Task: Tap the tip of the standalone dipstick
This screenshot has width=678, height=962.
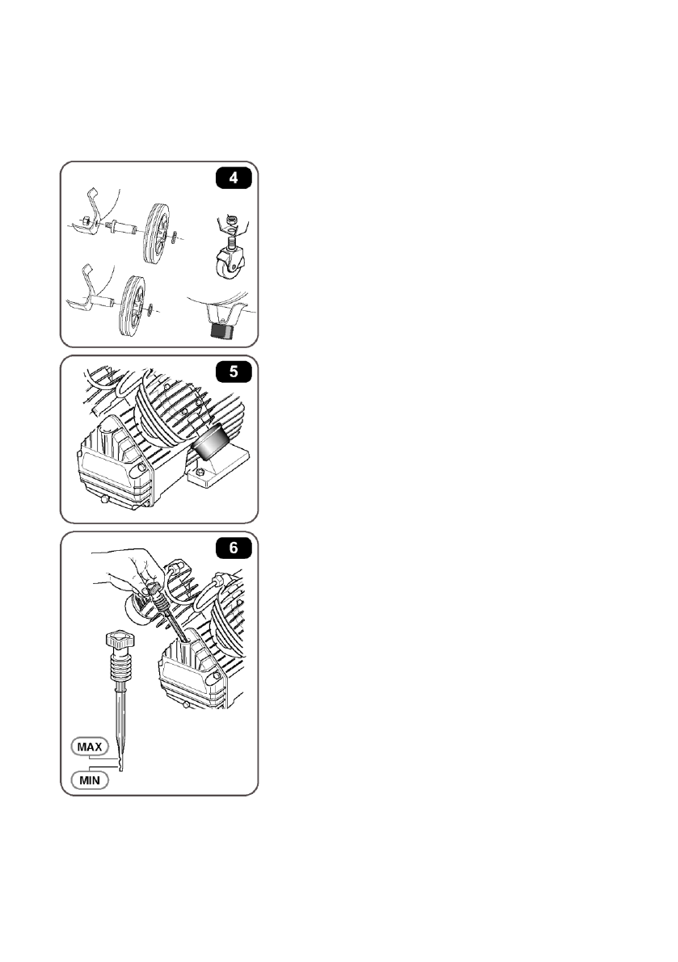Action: click(121, 768)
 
